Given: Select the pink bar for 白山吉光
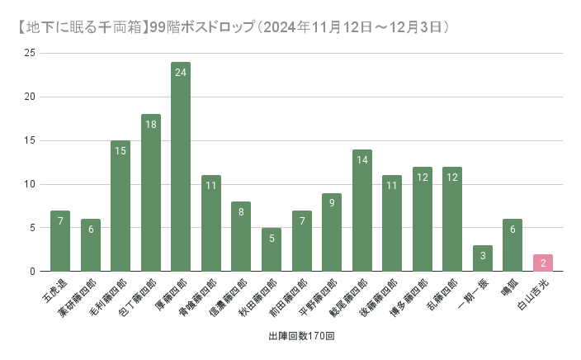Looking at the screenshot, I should point(542,263).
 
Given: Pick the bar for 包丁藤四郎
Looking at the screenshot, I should point(151,193).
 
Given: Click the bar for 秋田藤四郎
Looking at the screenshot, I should point(272,249).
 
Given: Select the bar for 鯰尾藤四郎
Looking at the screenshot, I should point(361,211).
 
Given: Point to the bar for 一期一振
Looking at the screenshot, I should point(482,258).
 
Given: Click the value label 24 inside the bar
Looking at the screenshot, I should point(181,72).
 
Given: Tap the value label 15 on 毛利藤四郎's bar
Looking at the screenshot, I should point(120,150).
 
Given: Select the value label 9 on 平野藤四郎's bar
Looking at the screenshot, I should point(332,203).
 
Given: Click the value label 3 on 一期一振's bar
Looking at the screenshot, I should point(482,255).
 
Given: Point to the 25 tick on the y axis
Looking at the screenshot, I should point(31,54).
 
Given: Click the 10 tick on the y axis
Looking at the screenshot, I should point(31,184).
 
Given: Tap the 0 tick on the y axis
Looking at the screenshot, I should point(33,272).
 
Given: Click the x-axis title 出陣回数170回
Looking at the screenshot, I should point(300,337).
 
